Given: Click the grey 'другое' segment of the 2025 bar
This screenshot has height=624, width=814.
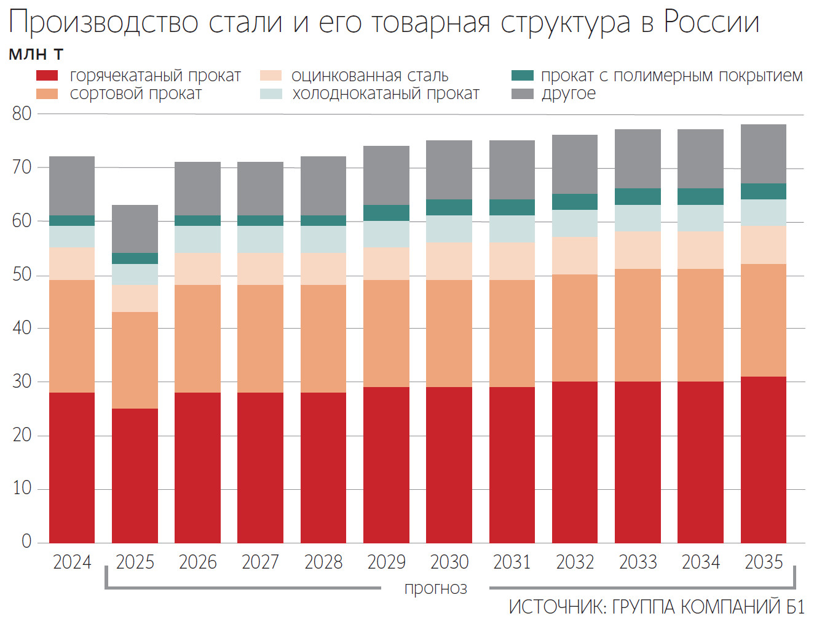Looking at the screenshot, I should [135, 229].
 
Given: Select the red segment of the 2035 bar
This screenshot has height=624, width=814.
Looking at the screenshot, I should [763, 459].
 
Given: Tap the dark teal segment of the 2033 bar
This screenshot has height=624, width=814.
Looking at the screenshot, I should [638, 196].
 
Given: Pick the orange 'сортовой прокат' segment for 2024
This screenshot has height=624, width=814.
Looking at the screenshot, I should [72, 336].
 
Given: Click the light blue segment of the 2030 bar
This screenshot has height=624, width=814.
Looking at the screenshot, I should [449, 228].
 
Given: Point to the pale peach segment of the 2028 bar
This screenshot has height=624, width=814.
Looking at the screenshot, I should [323, 269].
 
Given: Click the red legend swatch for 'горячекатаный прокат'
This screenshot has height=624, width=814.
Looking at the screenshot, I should [47, 76].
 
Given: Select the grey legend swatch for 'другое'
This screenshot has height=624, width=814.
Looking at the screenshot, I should [522, 94].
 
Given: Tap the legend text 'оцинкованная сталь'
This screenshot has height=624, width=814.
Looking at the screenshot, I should [369, 76].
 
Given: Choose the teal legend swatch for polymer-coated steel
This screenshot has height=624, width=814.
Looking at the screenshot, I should [522, 76].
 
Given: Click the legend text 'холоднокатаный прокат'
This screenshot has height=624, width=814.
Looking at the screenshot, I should [385, 94].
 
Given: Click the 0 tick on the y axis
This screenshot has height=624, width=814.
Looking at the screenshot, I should [26, 542].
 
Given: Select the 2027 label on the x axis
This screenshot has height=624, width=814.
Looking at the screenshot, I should [260, 562].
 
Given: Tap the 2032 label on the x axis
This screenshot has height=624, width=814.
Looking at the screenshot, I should [575, 562].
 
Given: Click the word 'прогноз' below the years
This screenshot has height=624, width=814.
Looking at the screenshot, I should [435, 588].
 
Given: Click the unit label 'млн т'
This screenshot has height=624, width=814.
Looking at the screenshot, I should [36, 54].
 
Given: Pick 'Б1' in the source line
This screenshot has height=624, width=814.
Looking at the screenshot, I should [794, 607].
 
